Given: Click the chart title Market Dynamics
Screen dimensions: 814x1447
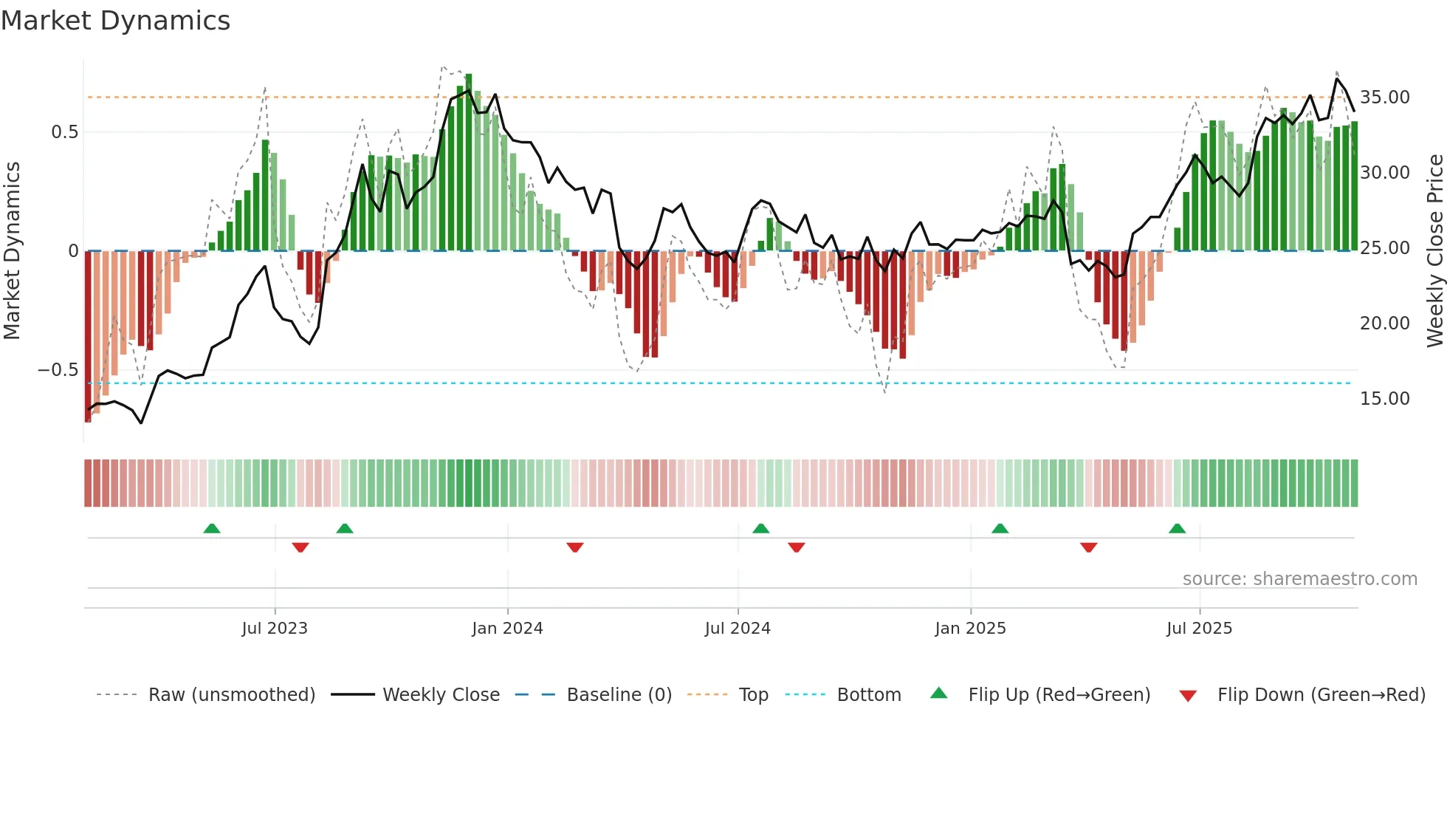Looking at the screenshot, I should pyautogui.click(x=115, y=21).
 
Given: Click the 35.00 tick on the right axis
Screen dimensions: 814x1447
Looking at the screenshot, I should pyautogui.click(x=1384, y=98).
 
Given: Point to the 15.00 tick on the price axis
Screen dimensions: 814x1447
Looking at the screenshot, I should pyautogui.click(x=1384, y=399).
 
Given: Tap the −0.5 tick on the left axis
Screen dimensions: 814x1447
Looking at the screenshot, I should pyautogui.click(x=58, y=370).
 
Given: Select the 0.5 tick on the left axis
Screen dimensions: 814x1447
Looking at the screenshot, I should pyautogui.click(x=64, y=132).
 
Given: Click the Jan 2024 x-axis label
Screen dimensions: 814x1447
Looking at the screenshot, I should pyautogui.click(x=507, y=629).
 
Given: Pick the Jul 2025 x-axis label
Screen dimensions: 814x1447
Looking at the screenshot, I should pyautogui.click(x=1199, y=629).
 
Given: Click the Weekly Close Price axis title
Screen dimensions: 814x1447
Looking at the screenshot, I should pyautogui.click(x=1434, y=250).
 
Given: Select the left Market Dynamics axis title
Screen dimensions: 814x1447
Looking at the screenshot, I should pyautogui.click(x=12, y=250).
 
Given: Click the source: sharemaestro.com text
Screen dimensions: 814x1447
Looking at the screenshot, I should pyautogui.click(x=1299, y=579).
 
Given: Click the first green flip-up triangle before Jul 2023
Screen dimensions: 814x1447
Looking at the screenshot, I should pyautogui.click(x=212, y=528).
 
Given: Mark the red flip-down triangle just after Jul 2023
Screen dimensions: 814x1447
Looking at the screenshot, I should pyautogui.click(x=300, y=547).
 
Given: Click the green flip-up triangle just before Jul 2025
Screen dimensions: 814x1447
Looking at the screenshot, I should pyautogui.click(x=1177, y=528).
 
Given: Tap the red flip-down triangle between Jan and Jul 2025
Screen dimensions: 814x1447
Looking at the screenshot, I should pyautogui.click(x=1088, y=547).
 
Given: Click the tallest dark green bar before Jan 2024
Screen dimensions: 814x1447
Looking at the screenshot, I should pyautogui.click(x=469, y=163).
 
